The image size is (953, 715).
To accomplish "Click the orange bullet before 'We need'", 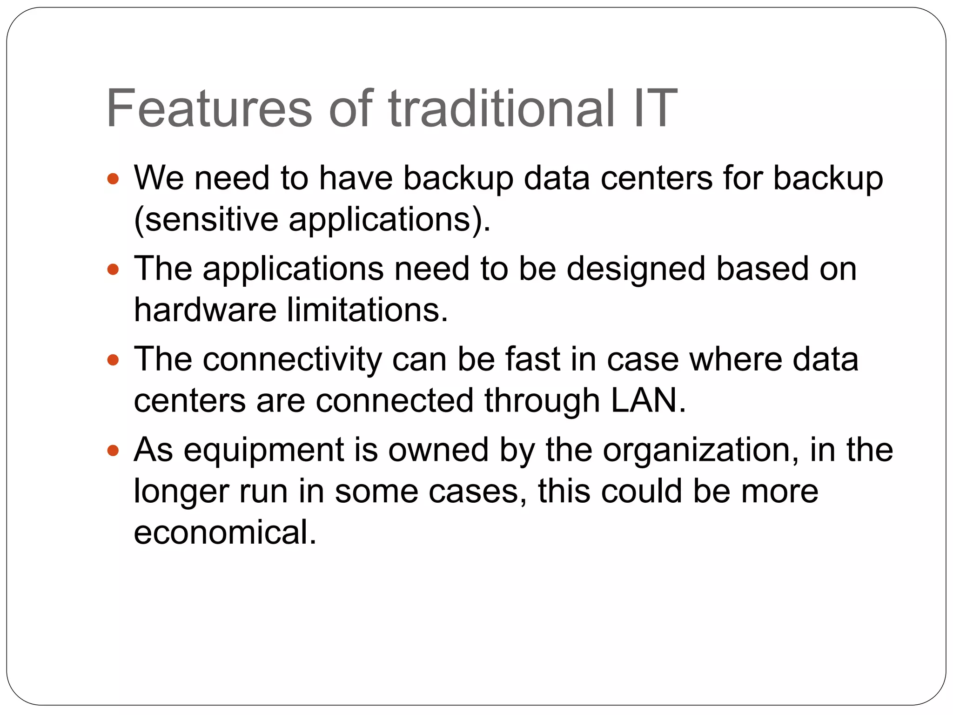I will pos(113,178).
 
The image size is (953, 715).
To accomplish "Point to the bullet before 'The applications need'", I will pos(113,269).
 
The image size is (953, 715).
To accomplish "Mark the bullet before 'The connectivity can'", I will pos(113,360).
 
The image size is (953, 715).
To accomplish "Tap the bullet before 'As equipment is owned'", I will pos(113,450).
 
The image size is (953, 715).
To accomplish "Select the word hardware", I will pos(205,310).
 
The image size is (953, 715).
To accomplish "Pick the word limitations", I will pos(367,310).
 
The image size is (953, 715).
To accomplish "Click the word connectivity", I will pos(292,360).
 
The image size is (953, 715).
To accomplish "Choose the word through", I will pos(542,401).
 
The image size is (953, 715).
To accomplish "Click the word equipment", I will pos(263,451).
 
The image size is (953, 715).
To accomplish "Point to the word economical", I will pos(225,532).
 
